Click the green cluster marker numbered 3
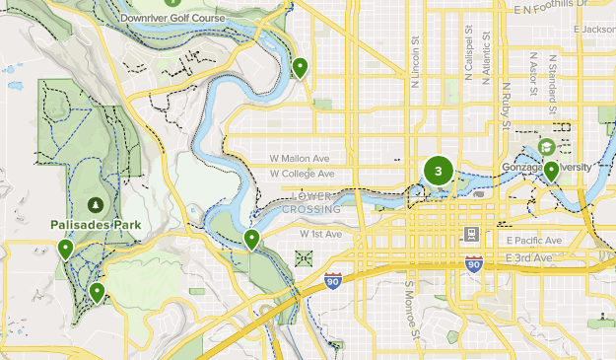click(x=438, y=171)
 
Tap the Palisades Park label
click(x=96, y=225)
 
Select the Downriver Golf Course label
click(x=171, y=19)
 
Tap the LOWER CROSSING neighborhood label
click(x=310, y=202)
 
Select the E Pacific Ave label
click(x=533, y=240)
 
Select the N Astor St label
click(x=533, y=75)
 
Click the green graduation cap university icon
click(x=545, y=147)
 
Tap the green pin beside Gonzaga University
click(x=551, y=172)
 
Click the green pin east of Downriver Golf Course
click(x=300, y=68)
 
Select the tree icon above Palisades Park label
click(x=95, y=204)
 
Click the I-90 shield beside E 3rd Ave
click(x=474, y=264)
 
